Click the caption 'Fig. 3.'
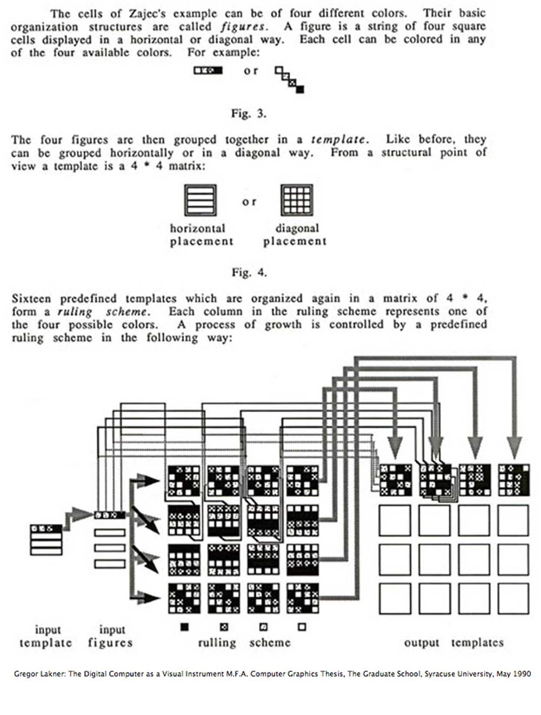coord(248,114)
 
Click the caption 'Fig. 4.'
coord(249,273)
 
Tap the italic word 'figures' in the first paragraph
coord(243,27)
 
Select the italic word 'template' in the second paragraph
coord(339,140)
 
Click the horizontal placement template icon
coord(200,200)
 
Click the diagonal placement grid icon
coord(297,200)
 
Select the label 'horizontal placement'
coord(201,235)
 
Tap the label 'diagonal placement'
coord(295,235)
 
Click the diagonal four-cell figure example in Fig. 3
coord(289,79)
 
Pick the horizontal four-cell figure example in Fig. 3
coord(208,70)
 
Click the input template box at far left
coord(46,539)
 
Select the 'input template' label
coord(46,636)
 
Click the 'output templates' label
coord(454,643)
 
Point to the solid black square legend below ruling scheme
coord(185,627)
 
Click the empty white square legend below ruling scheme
coord(302,627)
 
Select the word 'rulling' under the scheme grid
coord(217,643)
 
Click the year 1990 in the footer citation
coord(521,674)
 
